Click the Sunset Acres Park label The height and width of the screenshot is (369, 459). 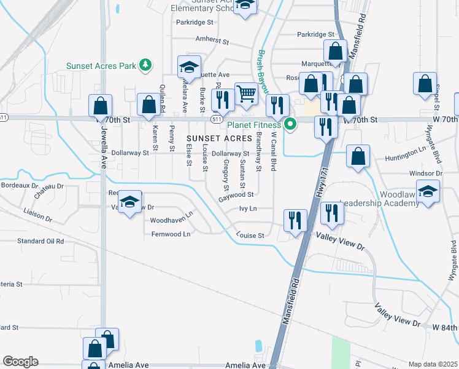[101, 66]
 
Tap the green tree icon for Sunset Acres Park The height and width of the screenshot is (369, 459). [145, 65]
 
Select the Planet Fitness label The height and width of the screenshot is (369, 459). [254, 125]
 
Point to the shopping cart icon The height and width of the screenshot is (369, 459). [246, 93]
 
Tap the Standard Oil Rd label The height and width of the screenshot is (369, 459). [40, 241]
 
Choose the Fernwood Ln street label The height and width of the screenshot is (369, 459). [171, 234]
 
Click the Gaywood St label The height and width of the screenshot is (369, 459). [236, 194]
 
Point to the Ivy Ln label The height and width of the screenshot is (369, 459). [248, 209]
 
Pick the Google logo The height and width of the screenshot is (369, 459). [20, 362]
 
